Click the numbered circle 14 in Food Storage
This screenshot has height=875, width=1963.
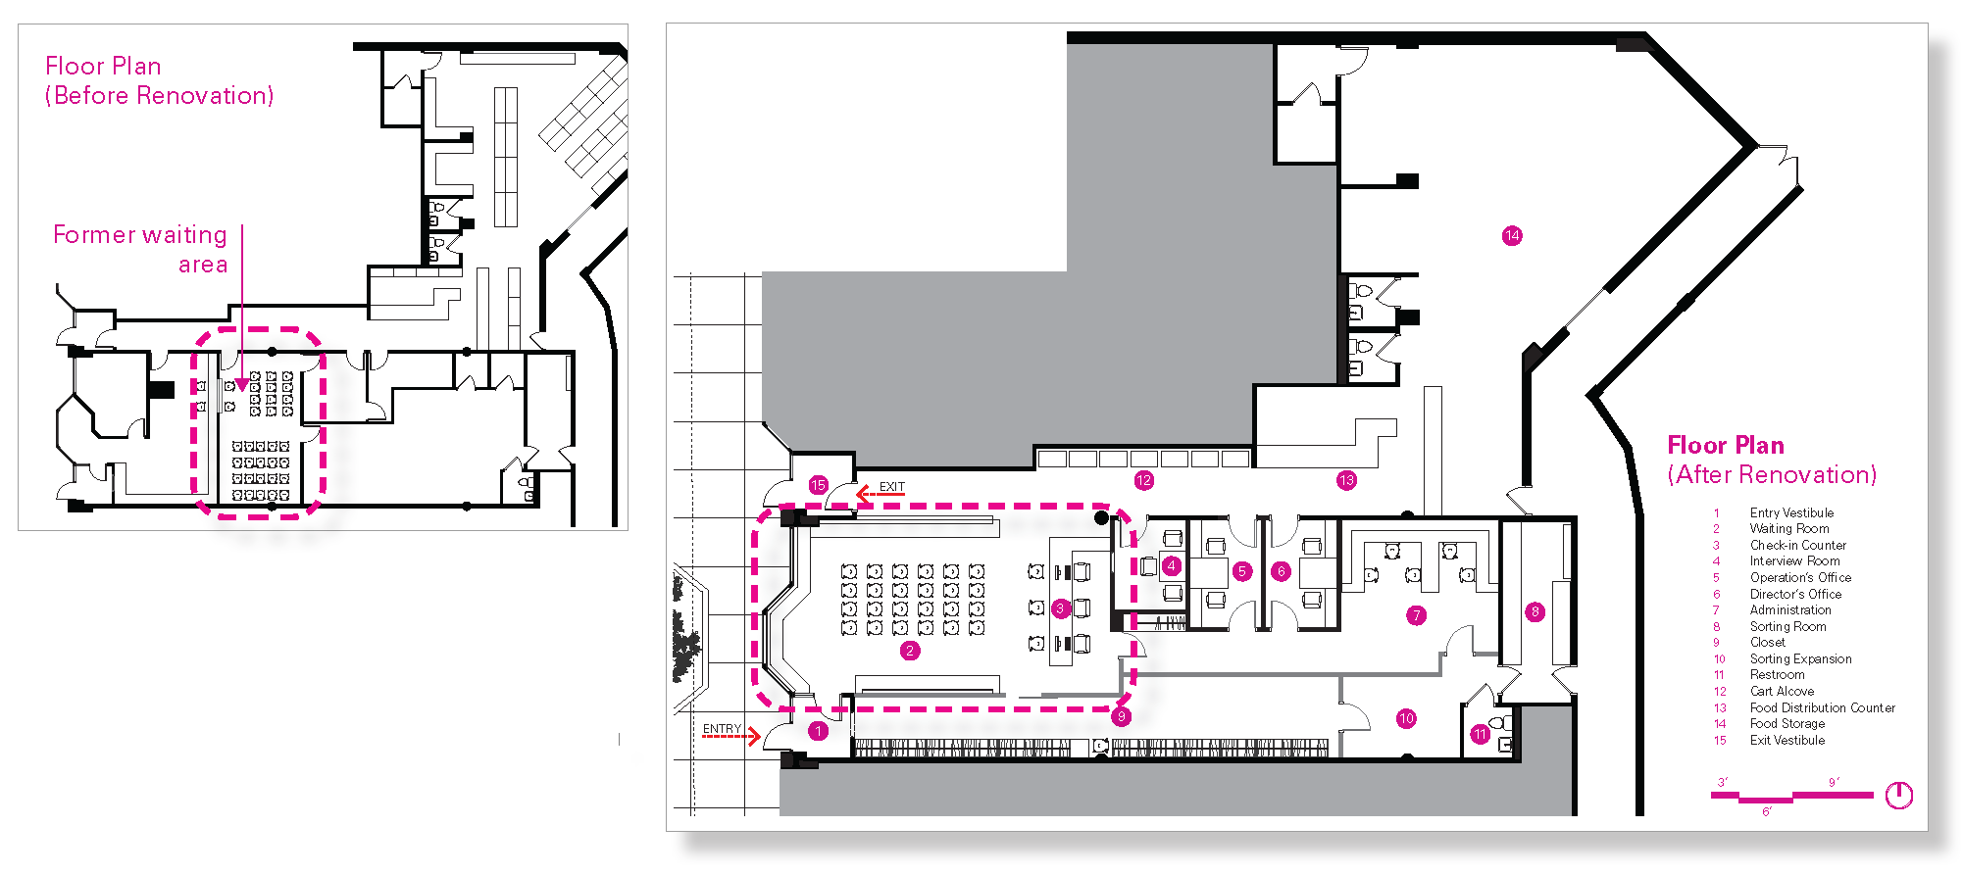click(1512, 235)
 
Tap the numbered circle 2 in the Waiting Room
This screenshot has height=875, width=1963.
click(910, 651)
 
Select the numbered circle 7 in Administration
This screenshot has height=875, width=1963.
click(1416, 615)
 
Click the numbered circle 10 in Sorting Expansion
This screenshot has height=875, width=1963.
click(1406, 718)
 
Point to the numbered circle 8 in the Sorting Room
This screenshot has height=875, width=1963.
click(1535, 612)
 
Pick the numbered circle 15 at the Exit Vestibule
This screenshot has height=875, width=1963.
click(819, 485)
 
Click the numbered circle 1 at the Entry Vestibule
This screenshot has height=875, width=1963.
click(819, 731)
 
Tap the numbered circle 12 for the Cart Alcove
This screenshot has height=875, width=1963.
click(1143, 480)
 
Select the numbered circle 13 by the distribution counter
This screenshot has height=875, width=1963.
click(1346, 480)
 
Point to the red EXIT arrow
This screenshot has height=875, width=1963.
click(880, 495)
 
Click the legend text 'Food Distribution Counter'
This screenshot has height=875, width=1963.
click(1823, 707)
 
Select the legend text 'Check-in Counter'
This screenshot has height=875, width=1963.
click(1798, 545)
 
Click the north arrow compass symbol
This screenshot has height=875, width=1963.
click(1899, 795)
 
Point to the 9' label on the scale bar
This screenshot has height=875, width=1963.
click(1834, 782)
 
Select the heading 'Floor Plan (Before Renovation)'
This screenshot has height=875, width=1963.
click(160, 80)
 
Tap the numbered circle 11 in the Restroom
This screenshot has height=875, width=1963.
click(1481, 734)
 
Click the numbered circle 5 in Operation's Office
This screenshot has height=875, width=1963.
click(1242, 571)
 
